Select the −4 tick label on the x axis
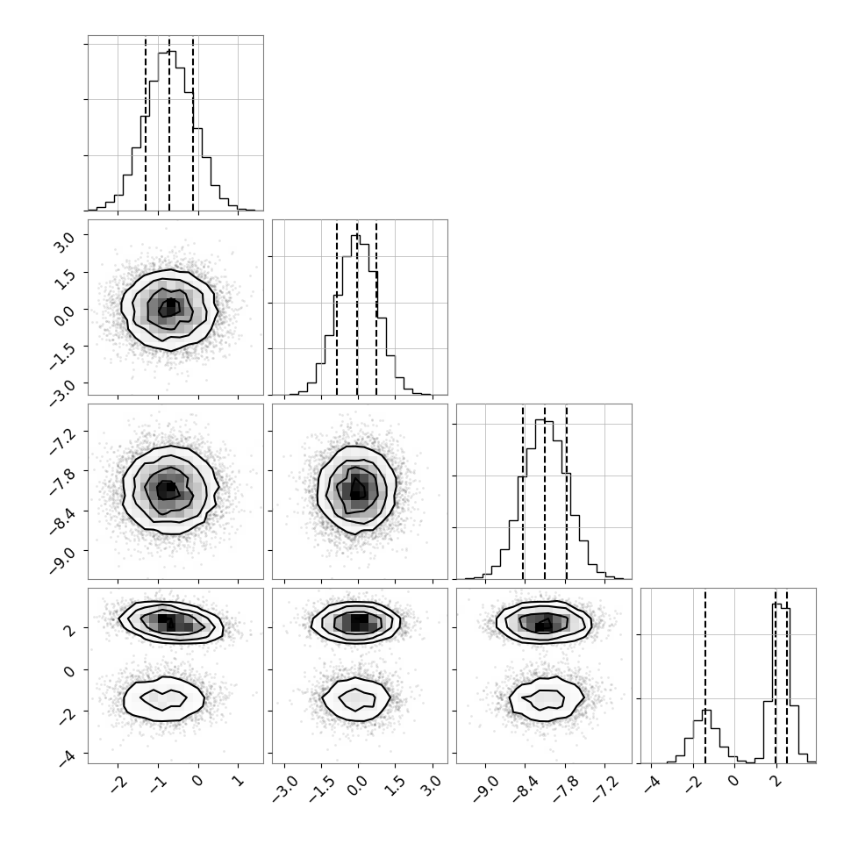[651, 783]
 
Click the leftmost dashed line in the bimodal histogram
[705, 676]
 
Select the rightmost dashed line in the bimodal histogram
[786, 676]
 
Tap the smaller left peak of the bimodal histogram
[706, 710]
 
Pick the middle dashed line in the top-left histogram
[169, 123]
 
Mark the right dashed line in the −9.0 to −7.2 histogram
[566, 491]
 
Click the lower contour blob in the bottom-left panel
[164, 698]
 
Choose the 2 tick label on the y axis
[70, 628]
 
